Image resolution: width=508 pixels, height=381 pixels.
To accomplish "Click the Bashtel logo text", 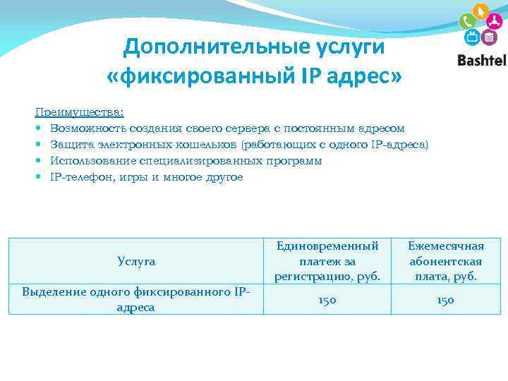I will click(x=482, y=61).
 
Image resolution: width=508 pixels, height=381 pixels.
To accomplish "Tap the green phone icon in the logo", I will click(x=466, y=22).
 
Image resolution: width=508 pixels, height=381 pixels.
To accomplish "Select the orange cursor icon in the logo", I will click(x=481, y=12).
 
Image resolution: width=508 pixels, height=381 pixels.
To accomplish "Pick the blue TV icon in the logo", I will click(x=471, y=37).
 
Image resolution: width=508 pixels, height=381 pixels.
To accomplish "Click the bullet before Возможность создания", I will click(x=40, y=129).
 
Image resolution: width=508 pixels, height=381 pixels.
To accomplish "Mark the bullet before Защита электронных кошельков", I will click(x=40, y=145).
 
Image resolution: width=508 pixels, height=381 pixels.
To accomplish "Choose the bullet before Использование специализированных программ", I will click(x=40, y=162).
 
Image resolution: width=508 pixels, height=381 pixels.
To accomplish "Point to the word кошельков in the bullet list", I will click(x=208, y=145).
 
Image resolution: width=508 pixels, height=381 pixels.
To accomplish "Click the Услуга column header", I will click(x=136, y=261).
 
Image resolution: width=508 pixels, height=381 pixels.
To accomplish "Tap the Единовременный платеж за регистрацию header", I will click(x=327, y=261).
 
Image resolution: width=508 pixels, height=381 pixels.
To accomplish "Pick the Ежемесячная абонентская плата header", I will click(x=446, y=261).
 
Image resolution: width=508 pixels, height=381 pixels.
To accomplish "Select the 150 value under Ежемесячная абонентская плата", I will click(x=446, y=300).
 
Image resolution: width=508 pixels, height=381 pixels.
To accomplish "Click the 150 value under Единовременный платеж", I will click(x=327, y=300).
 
